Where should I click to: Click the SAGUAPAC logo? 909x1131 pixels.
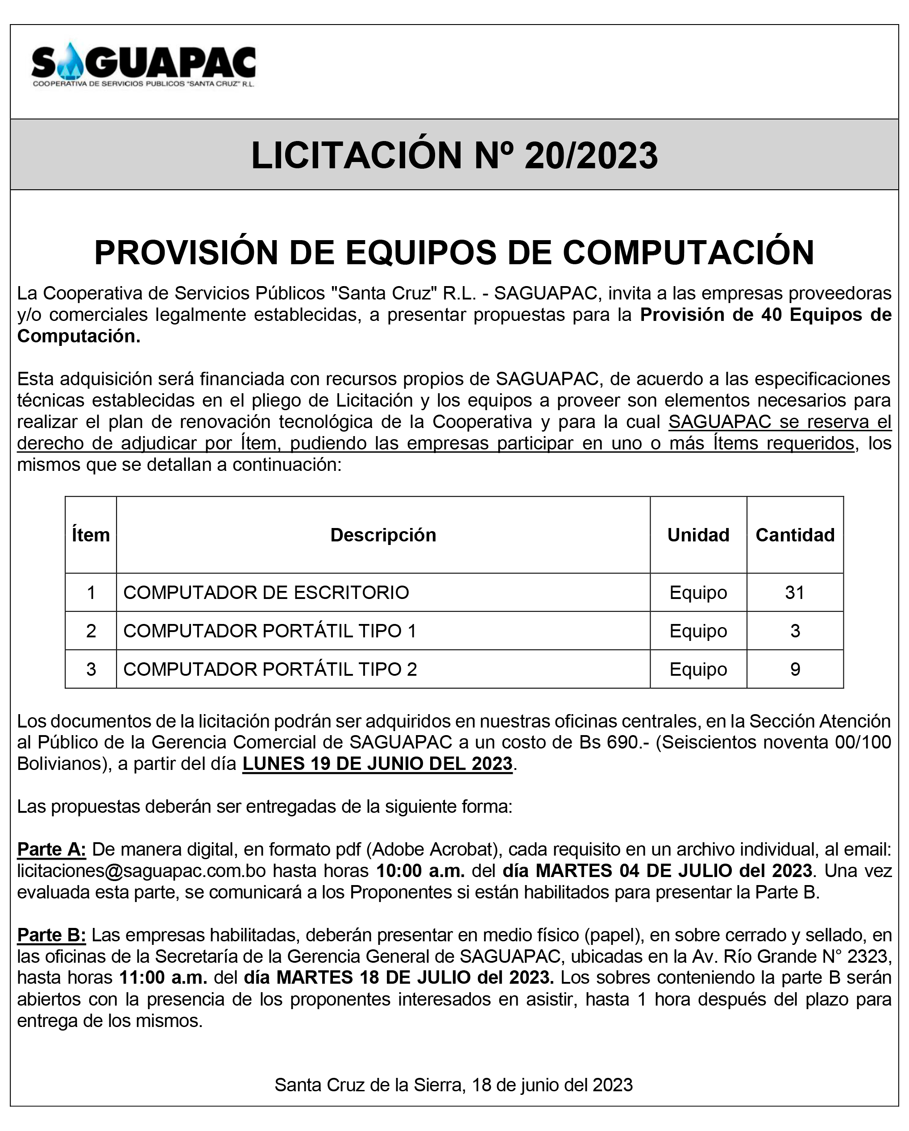pos(143,67)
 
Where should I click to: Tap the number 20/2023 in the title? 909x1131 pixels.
pos(591,156)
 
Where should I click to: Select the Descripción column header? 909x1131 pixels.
pos(383,535)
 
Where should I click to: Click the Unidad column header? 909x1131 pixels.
pos(697,535)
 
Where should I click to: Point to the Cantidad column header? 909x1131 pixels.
pos(795,535)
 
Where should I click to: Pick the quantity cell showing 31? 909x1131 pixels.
pos(795,592)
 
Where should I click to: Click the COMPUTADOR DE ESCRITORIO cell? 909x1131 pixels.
pos(266,592)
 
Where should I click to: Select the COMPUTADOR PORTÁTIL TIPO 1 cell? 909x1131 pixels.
pos(270,631)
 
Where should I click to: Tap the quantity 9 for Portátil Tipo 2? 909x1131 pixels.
pos(795,669)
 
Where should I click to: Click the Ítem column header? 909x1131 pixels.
pos(91,535)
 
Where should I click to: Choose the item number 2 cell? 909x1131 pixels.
pos(91,631)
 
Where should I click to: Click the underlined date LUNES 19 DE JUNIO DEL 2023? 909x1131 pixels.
pos(377,763)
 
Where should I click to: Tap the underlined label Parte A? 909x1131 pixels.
pos(51,849)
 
